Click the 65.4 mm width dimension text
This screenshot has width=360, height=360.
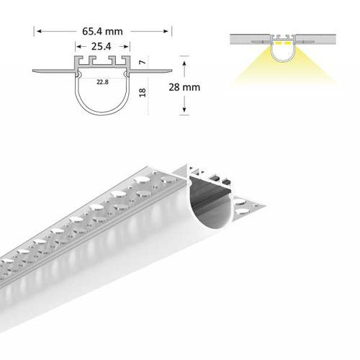[103, 32]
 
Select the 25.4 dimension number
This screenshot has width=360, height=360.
[102, 46]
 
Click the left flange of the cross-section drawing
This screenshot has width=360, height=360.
[54, 71]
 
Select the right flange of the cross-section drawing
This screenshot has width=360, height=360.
[151, 71]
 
